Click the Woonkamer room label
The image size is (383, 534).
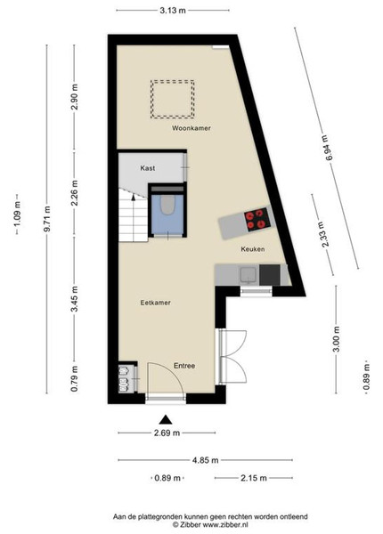click(191, 128)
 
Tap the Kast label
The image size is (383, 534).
click(148, 168)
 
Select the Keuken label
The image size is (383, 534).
click(252, 249)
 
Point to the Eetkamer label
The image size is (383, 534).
click(155, 303)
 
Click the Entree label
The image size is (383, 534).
click(184, 366)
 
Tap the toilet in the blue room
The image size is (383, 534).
click(167, 205)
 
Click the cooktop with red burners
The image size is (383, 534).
click(257, 220)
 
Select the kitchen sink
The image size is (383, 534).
click(249, 276)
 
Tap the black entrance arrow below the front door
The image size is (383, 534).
click(166, 419)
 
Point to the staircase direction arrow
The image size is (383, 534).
click(134, 198)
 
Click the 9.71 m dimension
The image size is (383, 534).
click(47, 219)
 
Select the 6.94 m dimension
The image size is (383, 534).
click(326, 148)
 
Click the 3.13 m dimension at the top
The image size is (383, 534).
click(173, 10)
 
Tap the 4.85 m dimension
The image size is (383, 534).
click(206, 460)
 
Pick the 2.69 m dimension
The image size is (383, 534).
click(167, 433)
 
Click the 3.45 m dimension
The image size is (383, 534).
click(74, 298)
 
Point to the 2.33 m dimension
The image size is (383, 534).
click(322, 234)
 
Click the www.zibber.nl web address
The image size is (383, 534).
click(225, 525)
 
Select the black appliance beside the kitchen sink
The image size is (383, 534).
click(270, 275)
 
